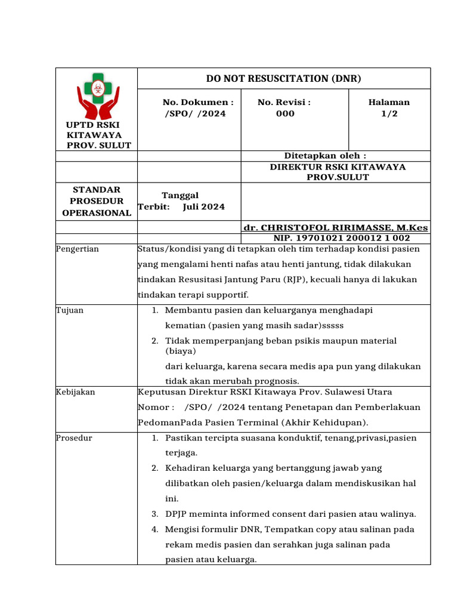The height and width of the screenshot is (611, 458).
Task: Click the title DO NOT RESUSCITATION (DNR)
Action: [283, 78]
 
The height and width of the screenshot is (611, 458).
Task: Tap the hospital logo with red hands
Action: [98, 96]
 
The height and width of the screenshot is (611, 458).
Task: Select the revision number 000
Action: [285, 113]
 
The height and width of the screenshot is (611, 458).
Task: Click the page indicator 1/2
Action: [389, 113]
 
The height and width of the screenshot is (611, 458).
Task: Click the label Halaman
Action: [389, 102]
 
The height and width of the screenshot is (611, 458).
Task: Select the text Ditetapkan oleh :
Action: [325, 156]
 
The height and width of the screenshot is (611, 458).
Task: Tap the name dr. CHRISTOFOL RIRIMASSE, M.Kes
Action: [335, 228]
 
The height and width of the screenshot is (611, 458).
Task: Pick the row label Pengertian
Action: [78, 249]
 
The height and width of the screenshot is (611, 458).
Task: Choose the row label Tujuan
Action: [69, 310]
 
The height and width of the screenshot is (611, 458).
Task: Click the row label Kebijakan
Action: [75, 392]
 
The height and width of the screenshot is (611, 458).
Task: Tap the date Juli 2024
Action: [204, 206]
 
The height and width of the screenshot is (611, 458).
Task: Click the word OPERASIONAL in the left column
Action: [97, 212]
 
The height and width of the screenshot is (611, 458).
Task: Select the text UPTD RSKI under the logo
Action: [93, 124]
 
